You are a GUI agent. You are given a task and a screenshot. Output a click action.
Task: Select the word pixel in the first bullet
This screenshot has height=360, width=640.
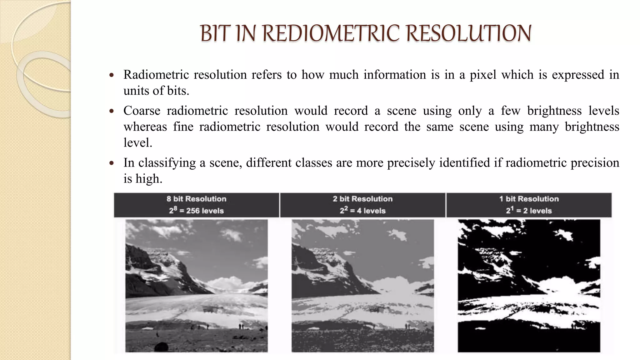pos(483,75)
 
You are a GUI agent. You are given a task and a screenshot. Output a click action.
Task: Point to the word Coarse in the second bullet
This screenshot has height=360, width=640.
pos(142,111)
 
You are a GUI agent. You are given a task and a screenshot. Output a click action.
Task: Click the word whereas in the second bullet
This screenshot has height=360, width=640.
pos(145,127)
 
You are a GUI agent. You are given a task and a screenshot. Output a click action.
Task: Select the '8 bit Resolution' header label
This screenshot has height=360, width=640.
pos(196,199)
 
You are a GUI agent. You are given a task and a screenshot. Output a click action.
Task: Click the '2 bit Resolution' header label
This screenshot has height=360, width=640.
pos(362,199)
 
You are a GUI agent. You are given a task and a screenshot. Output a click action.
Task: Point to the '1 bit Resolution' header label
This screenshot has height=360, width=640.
pos(529,199)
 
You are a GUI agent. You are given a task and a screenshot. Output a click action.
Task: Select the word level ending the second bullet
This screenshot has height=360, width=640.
pos(137,142)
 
